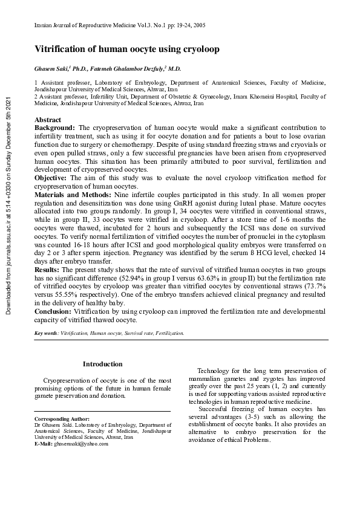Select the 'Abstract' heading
(x=48, y=120)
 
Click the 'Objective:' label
(x=51, y=177)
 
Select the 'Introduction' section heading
(x=102, y=364)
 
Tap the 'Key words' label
(x=47, y=333)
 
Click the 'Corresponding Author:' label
(x=62, y=418)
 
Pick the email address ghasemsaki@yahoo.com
(x=81, y=444)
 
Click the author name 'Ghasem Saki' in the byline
(x=51, y=69)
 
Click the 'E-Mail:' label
(x=44, y=444)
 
